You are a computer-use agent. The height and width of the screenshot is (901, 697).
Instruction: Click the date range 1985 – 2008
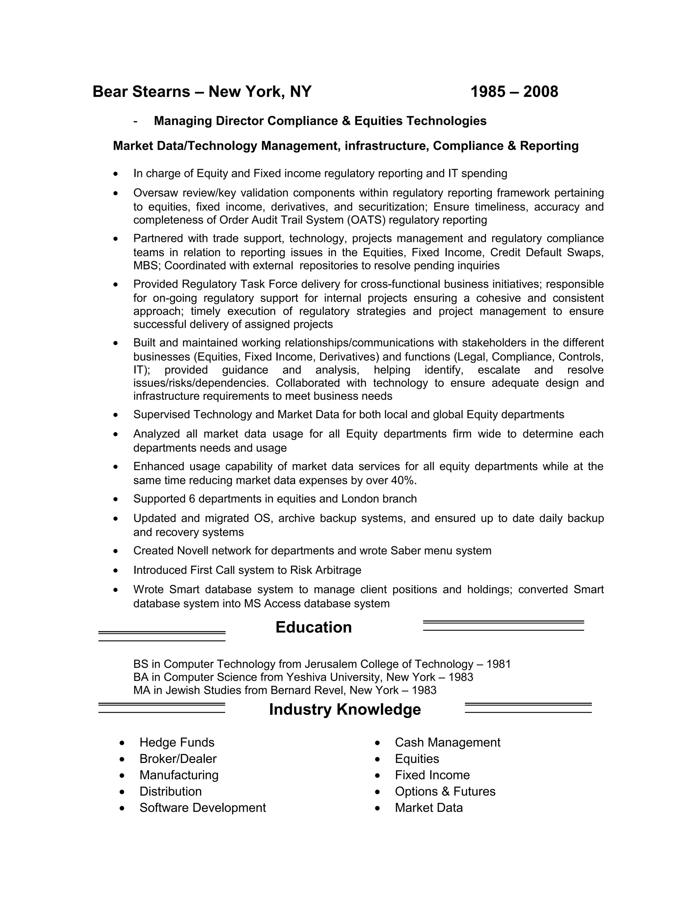(x=514, y=91)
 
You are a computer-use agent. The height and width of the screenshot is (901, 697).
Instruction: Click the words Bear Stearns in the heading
(x=141, y=91)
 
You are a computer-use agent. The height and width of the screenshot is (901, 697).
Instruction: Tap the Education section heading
(x=313, y=627)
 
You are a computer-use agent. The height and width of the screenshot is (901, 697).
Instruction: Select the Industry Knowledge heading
(x=345, y=709)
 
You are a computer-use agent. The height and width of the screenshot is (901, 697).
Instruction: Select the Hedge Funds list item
(x=177, y=742)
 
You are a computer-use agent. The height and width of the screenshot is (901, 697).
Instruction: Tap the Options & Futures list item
(x=445, y=791)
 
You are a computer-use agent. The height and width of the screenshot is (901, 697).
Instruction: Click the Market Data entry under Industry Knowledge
(x=428, y=808)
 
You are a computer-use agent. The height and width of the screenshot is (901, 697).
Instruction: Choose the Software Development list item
(x=202, y=808)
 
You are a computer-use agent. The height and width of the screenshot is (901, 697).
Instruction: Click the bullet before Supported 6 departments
(x=116, y=499)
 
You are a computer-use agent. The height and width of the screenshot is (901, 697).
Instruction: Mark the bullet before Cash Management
(x=377, y=743)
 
